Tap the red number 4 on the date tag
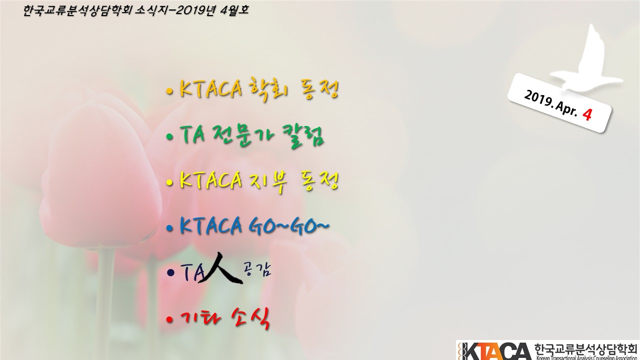tap(587, 115)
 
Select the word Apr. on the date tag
tap(566, 108)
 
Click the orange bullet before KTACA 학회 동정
tap(169, 91)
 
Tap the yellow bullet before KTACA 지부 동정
tap(169, 182)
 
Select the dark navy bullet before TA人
tap(170, 273)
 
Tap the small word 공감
tap(257, 269)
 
